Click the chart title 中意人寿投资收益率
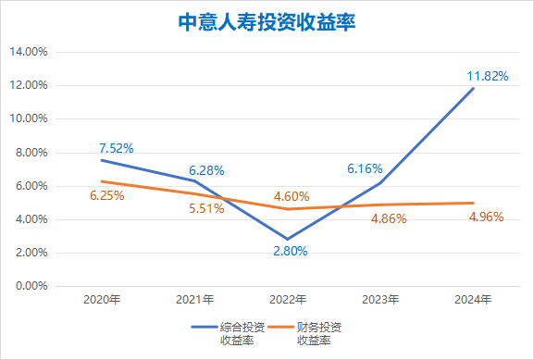pyautogui.click(x=267, y=20)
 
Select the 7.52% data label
pyautogui.click(x=117, y=148)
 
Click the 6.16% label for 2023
pyautogui.click(x=364, y=168)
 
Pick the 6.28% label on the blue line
pyautogui.click(x=206, y=170)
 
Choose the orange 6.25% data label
pyautogui.click(x=106, y=197)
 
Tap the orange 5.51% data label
pyautogui.click(x=206, y=209)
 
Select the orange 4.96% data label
pyautogui.click(x=485, y=217)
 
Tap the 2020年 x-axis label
pyautogui.click(x=102, y=300)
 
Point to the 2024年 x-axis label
pyautogui.click(x=474, y=300)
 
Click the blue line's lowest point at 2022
pyautogui.click(x=289, y=239)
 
